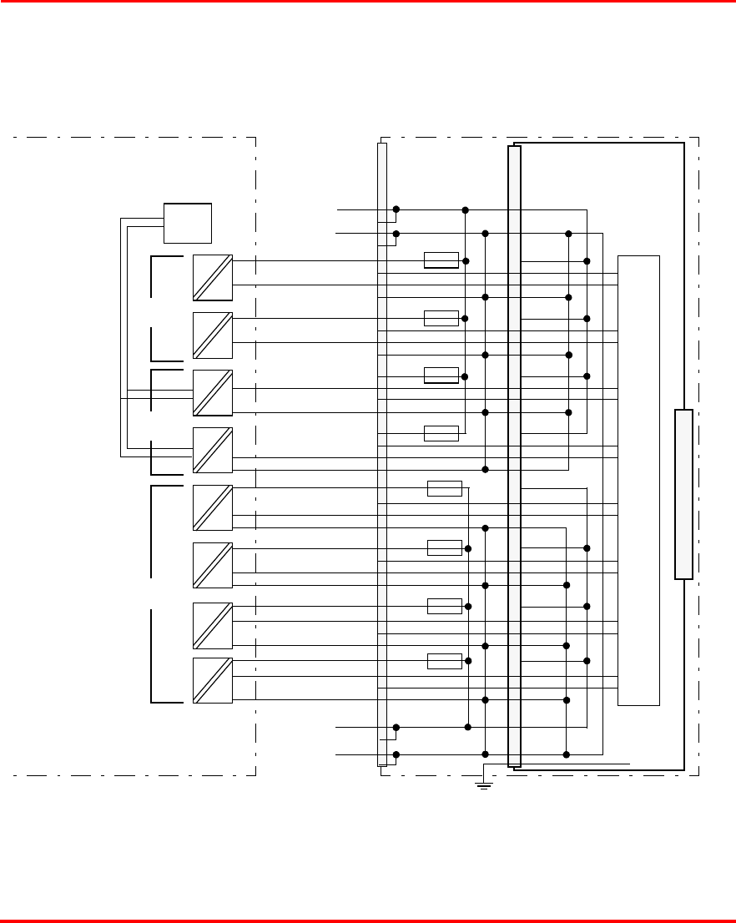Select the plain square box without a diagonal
coord(188,223)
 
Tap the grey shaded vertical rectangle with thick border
coord(683,494)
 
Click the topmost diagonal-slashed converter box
coord(212,278)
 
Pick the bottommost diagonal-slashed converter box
coord(212,680)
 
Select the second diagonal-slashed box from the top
coord(212,335)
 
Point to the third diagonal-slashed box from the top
coord(212,393)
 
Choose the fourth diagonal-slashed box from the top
coord(212,451)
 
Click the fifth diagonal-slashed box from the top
coord(212,507)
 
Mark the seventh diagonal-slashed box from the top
coord(212,625)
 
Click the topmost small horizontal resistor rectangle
coord(441,260)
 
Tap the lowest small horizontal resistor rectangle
coord(444,661)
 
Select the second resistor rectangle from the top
coord(441,318)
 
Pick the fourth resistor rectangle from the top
coord(441,433)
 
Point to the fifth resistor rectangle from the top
coord(444,488)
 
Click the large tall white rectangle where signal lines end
coord(638,480)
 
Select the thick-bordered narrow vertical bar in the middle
coord(514,456)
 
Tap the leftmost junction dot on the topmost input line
coord(396,209)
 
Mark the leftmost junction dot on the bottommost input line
coord(396,754)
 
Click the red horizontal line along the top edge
coord(368,2)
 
